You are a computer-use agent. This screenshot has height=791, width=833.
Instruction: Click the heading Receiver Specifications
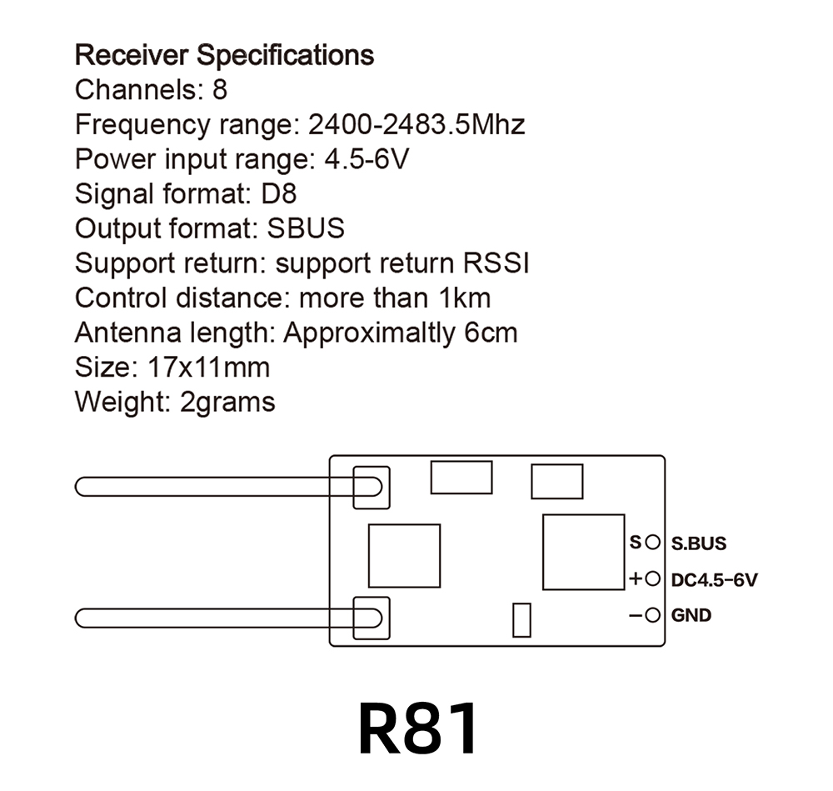click(224, 56)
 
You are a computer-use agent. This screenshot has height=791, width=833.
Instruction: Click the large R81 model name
click(419, 728)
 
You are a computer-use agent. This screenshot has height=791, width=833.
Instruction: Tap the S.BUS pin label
click(698, 543)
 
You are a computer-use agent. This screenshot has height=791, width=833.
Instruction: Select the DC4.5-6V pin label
click(714, 579)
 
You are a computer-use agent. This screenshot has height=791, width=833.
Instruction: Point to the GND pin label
click(691, 616)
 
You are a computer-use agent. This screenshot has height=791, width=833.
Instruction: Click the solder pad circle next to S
click(652, 543)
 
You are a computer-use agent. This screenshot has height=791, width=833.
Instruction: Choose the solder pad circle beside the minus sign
click(652, 616)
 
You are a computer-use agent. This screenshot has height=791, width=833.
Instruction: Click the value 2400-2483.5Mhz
click(416, 125)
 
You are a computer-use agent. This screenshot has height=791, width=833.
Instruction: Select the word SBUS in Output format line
click(306, 228)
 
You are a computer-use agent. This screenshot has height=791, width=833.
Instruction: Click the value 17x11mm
click(209, 368)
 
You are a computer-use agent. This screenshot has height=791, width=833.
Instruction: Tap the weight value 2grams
click(227, 403)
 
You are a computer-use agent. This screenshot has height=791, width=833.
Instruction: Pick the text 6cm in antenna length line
click(491, 333)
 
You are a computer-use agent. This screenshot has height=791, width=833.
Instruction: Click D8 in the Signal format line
click(278, 194)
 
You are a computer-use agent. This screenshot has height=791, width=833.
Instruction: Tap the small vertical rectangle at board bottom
click(521, 619)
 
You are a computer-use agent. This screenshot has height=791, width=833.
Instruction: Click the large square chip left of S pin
click(582, 552)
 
